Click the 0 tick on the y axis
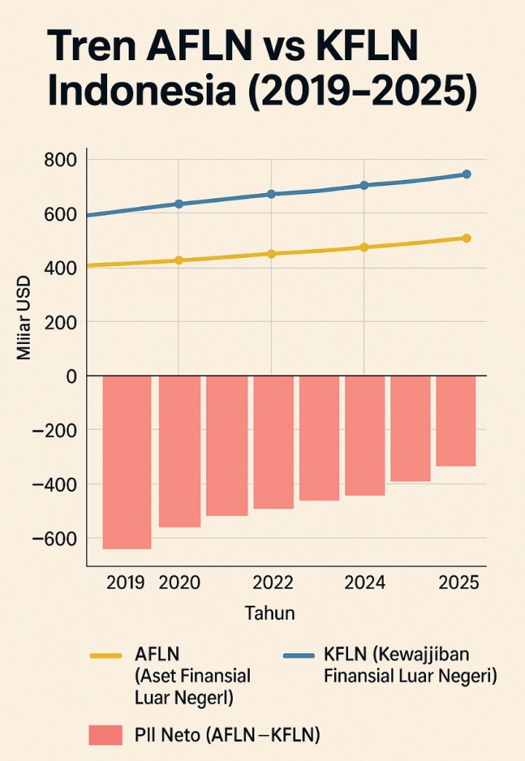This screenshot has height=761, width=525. click(71, 376)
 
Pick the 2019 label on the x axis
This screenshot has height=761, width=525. click(125, 583)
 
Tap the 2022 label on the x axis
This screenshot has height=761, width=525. click(272, 583)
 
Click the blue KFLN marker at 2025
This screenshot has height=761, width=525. click(467, 175)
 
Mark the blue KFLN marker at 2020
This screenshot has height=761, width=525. click(178, 204)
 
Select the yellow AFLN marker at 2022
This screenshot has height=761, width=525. click(271, 254)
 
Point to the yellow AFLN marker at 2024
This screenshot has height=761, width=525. click(364, 247)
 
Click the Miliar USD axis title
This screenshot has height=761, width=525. click(24, 318)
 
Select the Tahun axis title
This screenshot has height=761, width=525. click(269, 614)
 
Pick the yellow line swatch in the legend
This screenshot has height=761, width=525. click(105, 655)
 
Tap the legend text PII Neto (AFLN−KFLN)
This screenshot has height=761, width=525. click(228, 735)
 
